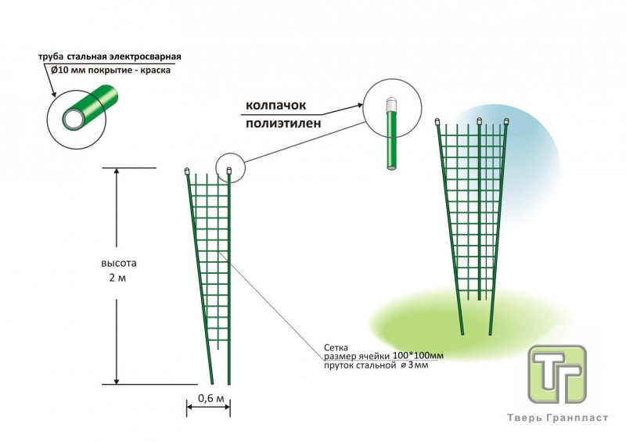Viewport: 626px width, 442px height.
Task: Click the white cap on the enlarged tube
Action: pyautogui.click(x=390, y=102)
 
